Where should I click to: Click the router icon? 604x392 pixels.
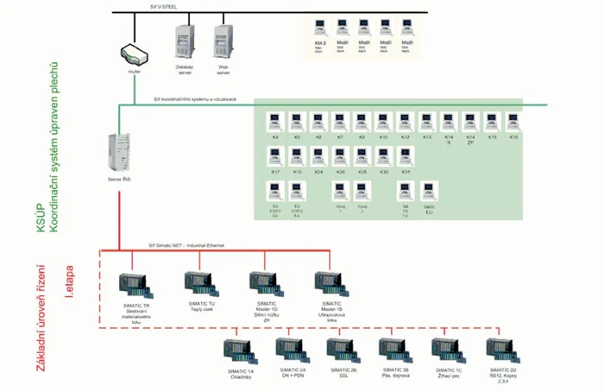click(132, 53)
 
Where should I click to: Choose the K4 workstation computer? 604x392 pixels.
click(275, 121)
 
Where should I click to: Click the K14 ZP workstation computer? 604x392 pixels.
click(470, 121)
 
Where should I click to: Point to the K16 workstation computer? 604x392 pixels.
click(513, 121)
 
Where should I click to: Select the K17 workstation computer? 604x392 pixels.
click(275, 156)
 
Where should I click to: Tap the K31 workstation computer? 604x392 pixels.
click(406, 156)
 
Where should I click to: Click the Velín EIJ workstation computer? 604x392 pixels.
click(428, 191)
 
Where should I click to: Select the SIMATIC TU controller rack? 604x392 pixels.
click(199, 284)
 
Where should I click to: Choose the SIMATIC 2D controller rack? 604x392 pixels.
click(501, 351)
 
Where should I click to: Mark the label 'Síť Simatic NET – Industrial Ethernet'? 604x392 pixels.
click(186, 246)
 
